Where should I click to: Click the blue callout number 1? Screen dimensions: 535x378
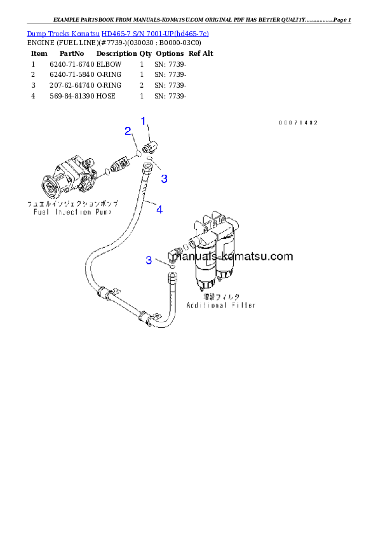click(144, 121)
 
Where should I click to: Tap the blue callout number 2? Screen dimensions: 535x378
click(128, 131)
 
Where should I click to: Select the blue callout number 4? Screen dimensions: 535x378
click(159, 208)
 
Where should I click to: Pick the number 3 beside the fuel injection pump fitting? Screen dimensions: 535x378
click(164, 179)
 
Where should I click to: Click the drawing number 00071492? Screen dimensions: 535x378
click(297, 123)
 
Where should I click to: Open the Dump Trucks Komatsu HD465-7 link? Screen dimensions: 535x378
click(118, 32)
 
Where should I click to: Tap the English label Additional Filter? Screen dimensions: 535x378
click(220, 306)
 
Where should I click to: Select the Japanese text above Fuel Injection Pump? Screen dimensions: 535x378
click(72, 205)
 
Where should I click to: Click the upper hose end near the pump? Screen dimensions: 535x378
click(147, 168)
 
